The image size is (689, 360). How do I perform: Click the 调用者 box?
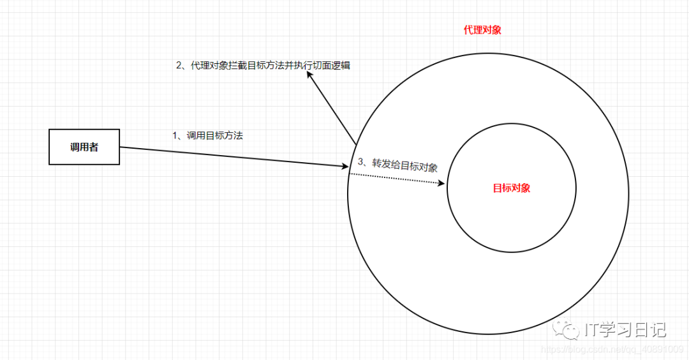[84, 147]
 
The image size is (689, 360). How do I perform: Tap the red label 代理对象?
[482, 30]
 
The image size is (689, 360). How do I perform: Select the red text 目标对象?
[512, 188]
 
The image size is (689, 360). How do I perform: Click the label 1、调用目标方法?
[208, 135]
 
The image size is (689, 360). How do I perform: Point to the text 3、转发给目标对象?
[397, 164]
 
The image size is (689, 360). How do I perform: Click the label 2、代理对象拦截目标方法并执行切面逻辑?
[263, 65]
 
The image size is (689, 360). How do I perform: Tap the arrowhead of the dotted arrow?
[441, 183]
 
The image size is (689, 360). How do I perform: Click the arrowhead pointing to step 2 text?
[309, 75]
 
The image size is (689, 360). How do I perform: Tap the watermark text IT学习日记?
[625, 329]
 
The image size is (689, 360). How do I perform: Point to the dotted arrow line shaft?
[396, 178]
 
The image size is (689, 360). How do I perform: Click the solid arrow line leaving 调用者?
[230, 157]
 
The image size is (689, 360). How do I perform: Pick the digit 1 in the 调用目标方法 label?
[175, 135]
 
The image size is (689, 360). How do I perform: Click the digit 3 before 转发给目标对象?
[360, 161]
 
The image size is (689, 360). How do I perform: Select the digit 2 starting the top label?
[179, 65]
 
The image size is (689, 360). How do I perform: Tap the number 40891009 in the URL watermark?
[664, 350]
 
